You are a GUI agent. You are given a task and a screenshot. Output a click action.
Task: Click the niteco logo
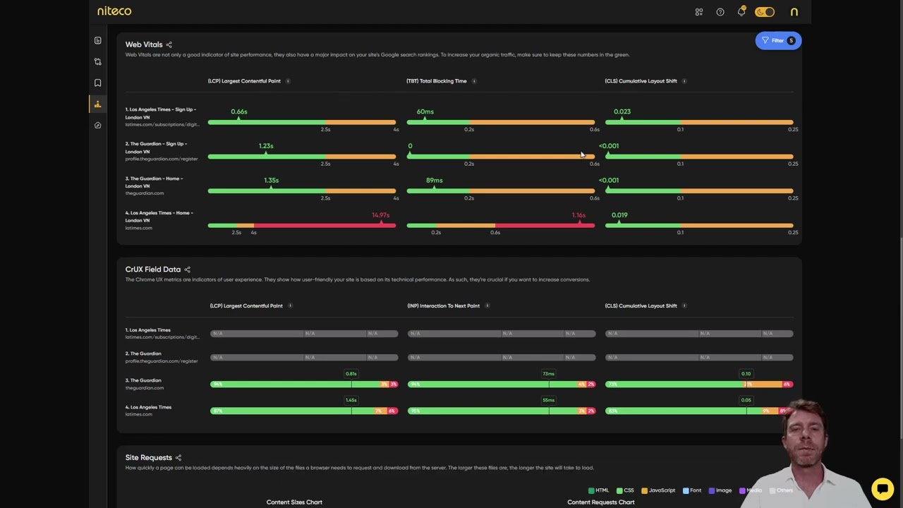114,11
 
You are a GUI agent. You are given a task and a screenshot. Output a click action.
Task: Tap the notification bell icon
741,12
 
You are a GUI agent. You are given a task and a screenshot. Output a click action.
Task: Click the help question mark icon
720,12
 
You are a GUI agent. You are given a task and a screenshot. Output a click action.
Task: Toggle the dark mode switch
765,12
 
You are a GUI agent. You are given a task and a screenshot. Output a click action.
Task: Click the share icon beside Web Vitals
169,45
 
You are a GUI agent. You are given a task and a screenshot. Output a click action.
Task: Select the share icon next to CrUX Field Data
187,270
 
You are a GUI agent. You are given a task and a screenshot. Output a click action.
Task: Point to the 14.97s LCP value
380,215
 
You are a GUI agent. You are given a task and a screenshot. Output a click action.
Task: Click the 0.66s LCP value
238,111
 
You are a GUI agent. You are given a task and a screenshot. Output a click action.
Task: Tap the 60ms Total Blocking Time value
425,111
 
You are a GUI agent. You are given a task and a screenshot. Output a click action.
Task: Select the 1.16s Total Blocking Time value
578,215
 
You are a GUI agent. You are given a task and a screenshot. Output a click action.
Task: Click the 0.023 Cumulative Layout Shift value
622,111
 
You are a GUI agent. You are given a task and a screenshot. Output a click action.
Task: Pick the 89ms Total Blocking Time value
434,181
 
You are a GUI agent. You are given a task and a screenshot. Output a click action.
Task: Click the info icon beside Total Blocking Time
473,81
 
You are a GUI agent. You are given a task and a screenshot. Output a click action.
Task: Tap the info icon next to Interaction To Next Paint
487,306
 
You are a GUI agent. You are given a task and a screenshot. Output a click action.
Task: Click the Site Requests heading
148,458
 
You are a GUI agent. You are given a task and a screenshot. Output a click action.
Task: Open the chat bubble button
882,488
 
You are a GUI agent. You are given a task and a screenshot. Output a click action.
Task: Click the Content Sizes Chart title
294,502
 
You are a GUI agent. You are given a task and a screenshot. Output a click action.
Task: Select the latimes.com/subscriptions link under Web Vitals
162,125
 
